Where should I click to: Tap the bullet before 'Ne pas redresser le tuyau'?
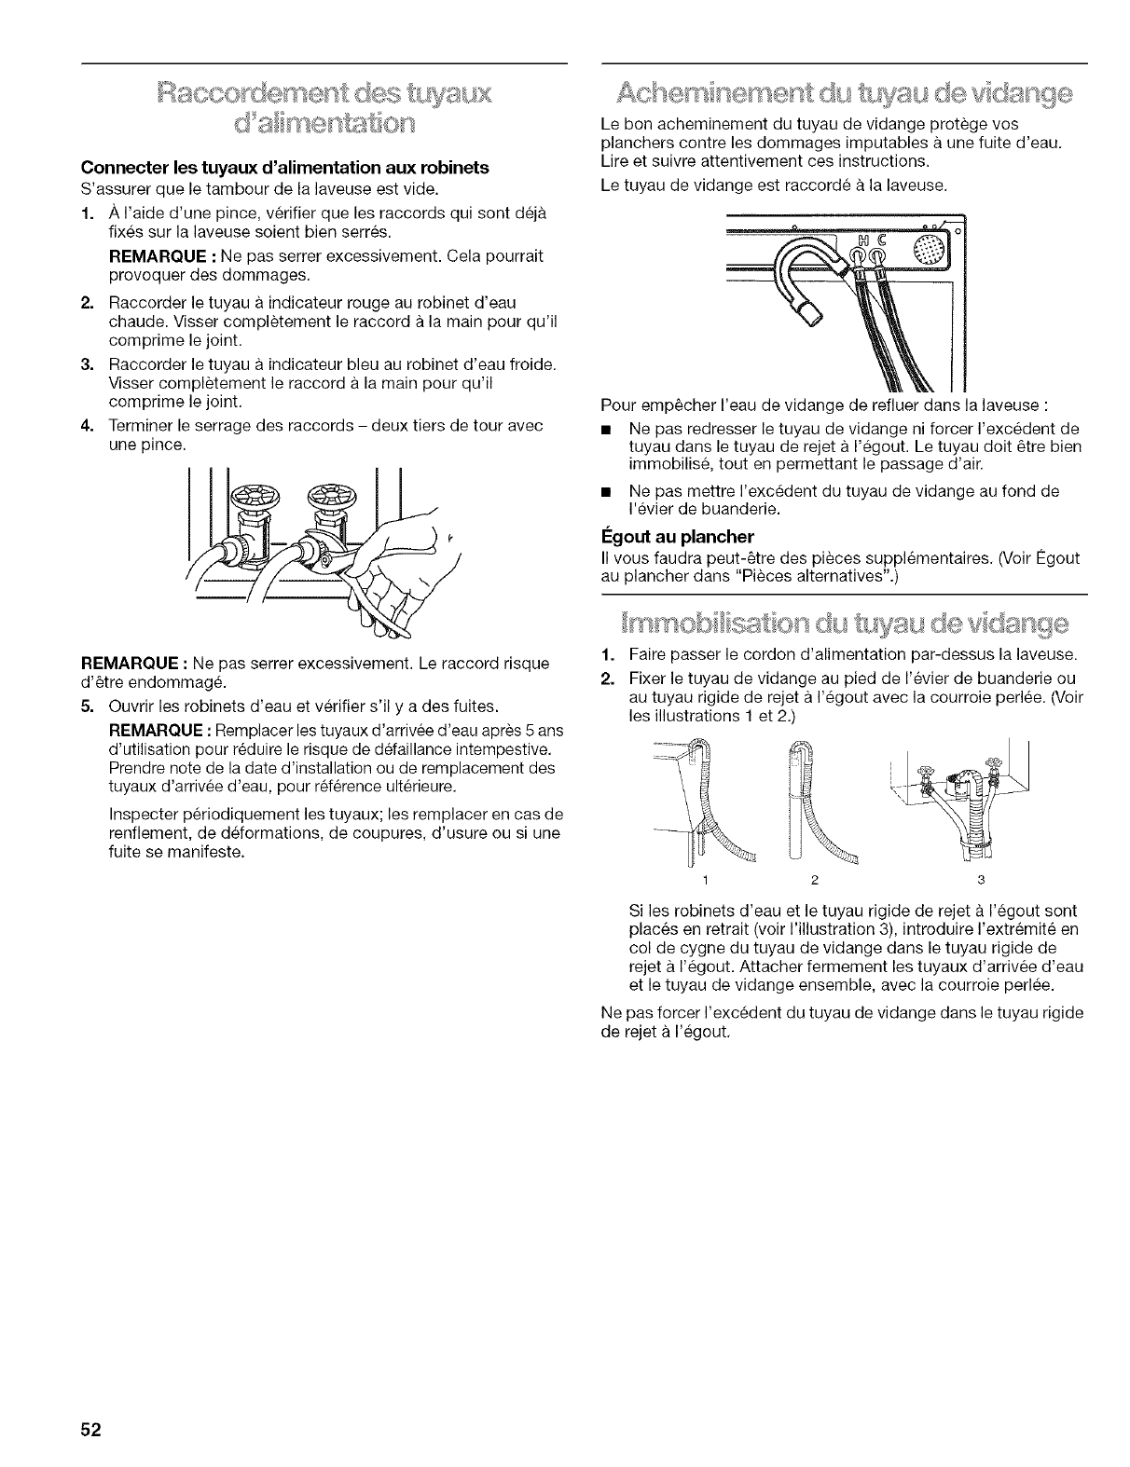(x=609, y=429)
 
